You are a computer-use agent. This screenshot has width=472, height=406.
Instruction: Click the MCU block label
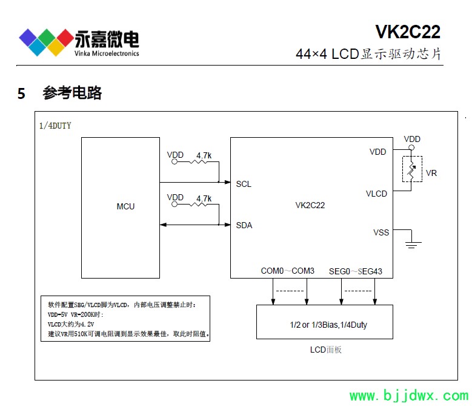coord(125,206)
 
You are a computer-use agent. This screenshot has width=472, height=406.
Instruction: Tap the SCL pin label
coord(244,184)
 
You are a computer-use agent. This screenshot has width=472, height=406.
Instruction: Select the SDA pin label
coord(244,225)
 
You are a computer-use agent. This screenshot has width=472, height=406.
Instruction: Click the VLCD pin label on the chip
coord(376,194)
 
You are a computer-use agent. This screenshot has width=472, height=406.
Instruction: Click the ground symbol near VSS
coord(413,244)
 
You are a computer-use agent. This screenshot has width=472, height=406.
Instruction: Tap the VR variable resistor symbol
coord(412,169)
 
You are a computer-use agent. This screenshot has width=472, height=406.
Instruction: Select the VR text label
coord(431,173)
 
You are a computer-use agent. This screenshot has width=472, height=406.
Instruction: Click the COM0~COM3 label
coord(287,271)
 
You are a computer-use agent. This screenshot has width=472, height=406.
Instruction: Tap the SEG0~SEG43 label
coord(355,271)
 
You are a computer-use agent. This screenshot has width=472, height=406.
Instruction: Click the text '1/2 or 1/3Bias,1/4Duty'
coord(328,325)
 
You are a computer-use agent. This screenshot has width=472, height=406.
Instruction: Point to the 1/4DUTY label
coord(55,126)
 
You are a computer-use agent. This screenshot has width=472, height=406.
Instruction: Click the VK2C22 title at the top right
coord(407,32)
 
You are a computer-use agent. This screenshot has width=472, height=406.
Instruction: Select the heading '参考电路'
coord(72,93)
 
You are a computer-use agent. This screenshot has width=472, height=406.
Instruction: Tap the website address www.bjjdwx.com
coord(408,396)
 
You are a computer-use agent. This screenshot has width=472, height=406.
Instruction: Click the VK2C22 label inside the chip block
coord(310,205)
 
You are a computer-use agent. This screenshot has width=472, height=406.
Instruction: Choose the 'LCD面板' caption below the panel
coord(326,350)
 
